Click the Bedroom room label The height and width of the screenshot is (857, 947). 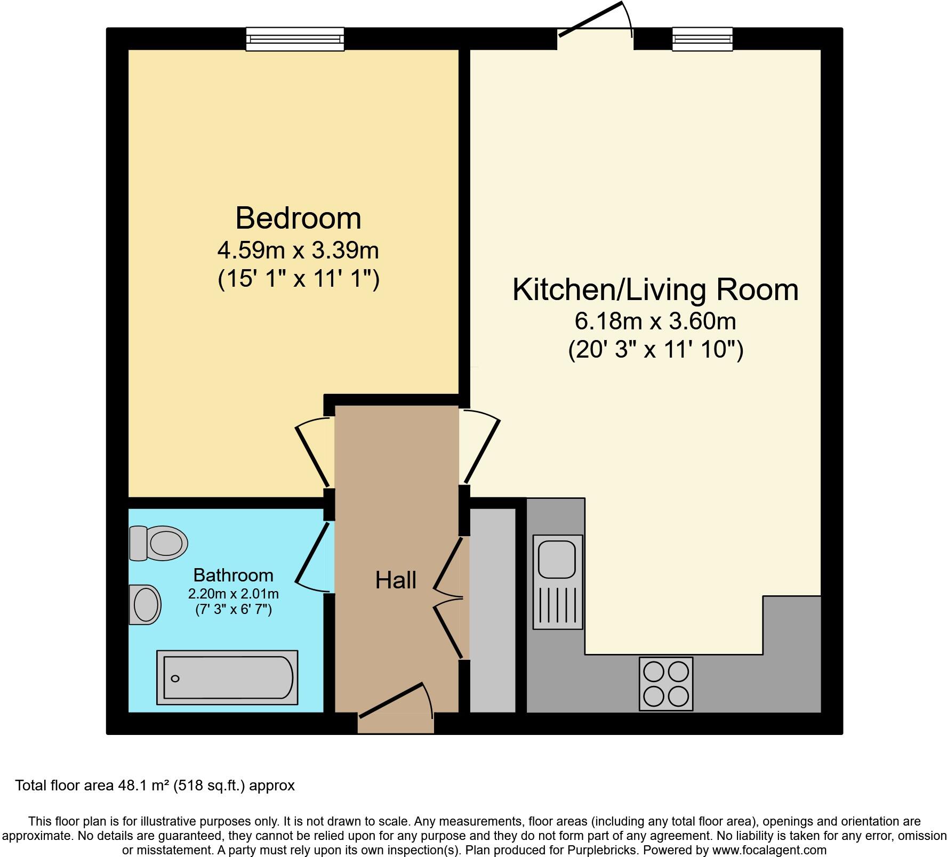[298, 219]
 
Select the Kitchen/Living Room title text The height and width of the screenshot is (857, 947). [655, 290]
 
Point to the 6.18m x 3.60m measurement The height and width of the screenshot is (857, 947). [655, 321]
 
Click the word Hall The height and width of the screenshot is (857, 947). [395, 580]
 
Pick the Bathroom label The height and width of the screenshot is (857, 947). [233, 575]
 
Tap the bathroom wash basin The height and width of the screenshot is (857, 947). [145, 605]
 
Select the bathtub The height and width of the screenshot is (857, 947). [227, 677]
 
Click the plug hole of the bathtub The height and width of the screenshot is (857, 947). [175, 678]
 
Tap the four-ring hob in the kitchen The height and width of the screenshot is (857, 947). [666, 684]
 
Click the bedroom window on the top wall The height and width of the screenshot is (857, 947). [295, 39]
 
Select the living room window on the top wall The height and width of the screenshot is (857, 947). [702, 39]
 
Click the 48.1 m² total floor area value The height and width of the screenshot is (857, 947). [143, 785]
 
